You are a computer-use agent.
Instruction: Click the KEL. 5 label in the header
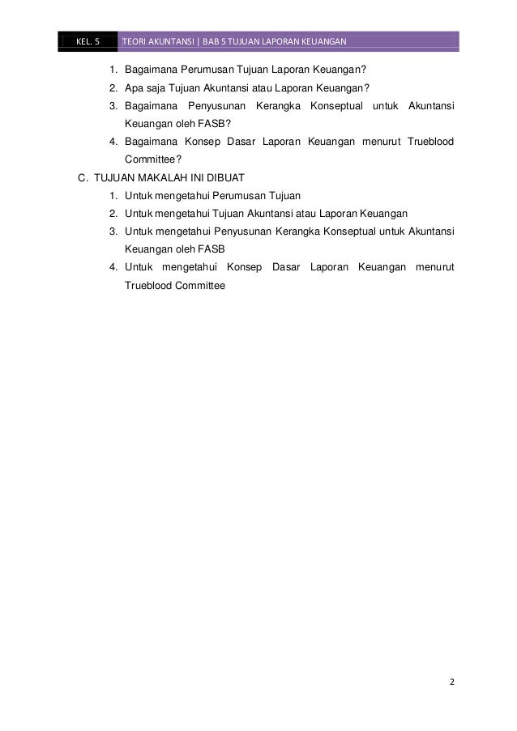pos(86,41)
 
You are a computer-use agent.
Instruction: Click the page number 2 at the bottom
pos(452,681)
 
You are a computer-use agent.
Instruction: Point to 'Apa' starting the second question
pos(134,88)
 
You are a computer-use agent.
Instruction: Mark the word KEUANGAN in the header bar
pos(321,41)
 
